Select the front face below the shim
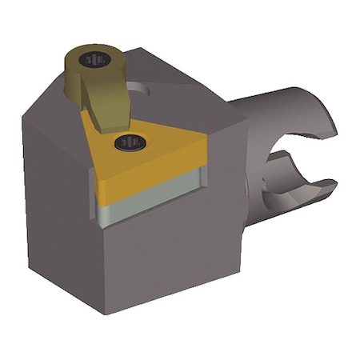pyautogui.click(x=168, y=256)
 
